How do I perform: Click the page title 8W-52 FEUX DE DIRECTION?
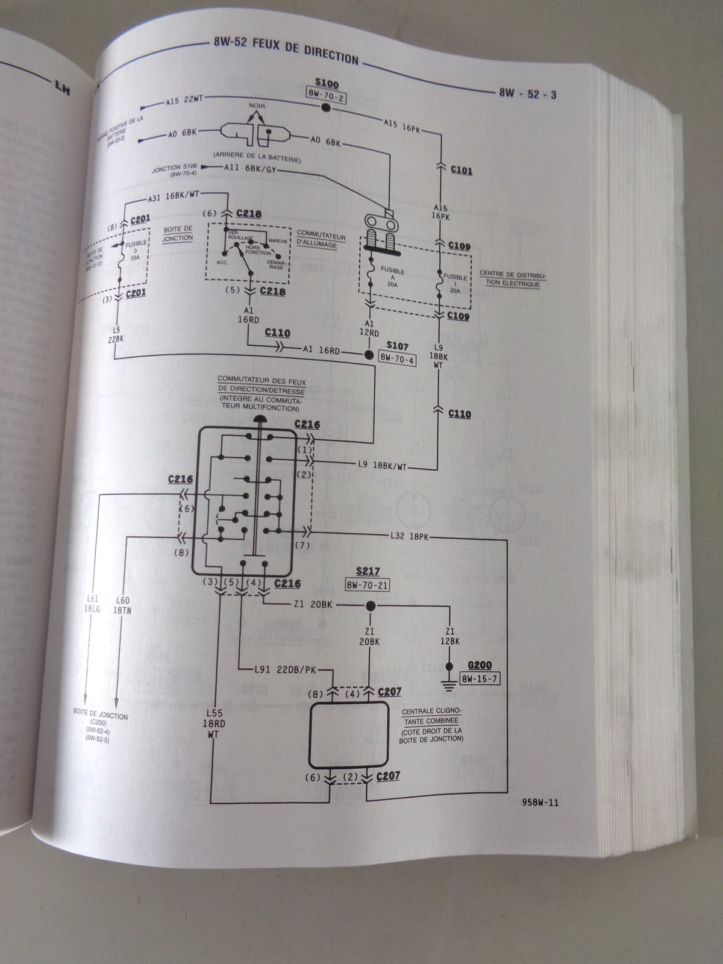click(286, 51)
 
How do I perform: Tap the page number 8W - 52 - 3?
click(527, 93)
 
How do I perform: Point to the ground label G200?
click(480, 666)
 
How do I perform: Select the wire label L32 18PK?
click(410, 536)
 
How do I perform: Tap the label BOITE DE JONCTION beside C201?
click(177, 233)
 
